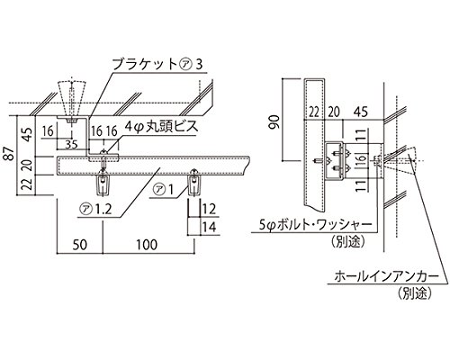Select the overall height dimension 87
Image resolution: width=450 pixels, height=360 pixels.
coord(9,156)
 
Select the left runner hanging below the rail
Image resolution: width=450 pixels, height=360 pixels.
coord(102,184)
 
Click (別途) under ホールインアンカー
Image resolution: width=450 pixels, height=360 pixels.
coord(413,293)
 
